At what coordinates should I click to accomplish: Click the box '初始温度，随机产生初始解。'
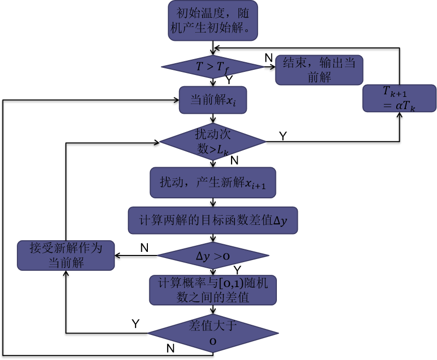click(213, 20)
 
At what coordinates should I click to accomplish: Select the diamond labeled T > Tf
click(213, 67)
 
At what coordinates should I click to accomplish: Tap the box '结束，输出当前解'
click(319, 70)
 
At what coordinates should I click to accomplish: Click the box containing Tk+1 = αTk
click(399, 98)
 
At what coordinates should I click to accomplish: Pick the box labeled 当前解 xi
click(213, 100)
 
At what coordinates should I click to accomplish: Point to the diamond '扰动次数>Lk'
click(213, 142)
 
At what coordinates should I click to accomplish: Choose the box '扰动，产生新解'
click(213, 183)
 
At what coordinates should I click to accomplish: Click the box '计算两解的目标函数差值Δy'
click(213, 220)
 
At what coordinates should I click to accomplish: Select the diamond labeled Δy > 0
click(213, 256)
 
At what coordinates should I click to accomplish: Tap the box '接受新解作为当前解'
click(66, 255)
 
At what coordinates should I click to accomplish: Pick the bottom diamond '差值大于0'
click(213, 333)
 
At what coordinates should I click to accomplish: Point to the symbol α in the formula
click(399, 106)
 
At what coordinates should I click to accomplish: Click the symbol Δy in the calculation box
click(280, 221)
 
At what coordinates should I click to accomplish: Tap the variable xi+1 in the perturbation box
click(255, 184)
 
